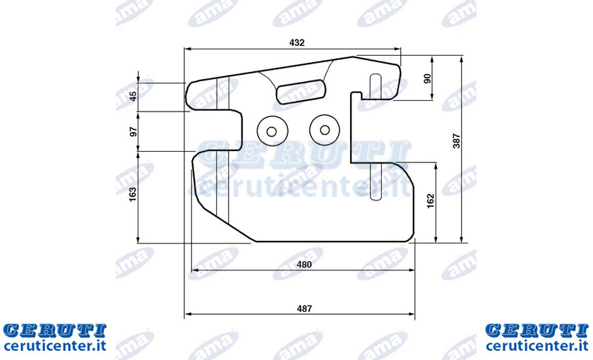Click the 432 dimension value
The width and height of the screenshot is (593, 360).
point(297,43)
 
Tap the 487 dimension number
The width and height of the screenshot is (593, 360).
point(304,309)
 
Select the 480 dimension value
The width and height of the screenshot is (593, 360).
point(304,265)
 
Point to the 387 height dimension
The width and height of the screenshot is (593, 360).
point(457,140)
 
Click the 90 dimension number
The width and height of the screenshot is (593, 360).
point(427,78)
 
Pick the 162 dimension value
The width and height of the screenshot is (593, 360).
point(431,201)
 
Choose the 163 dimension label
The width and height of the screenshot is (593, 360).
point(133,194)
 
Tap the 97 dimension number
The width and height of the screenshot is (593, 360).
point(133,131)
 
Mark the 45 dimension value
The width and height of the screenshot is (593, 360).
point(133,96)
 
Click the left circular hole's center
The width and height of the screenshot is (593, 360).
point(272,131)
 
